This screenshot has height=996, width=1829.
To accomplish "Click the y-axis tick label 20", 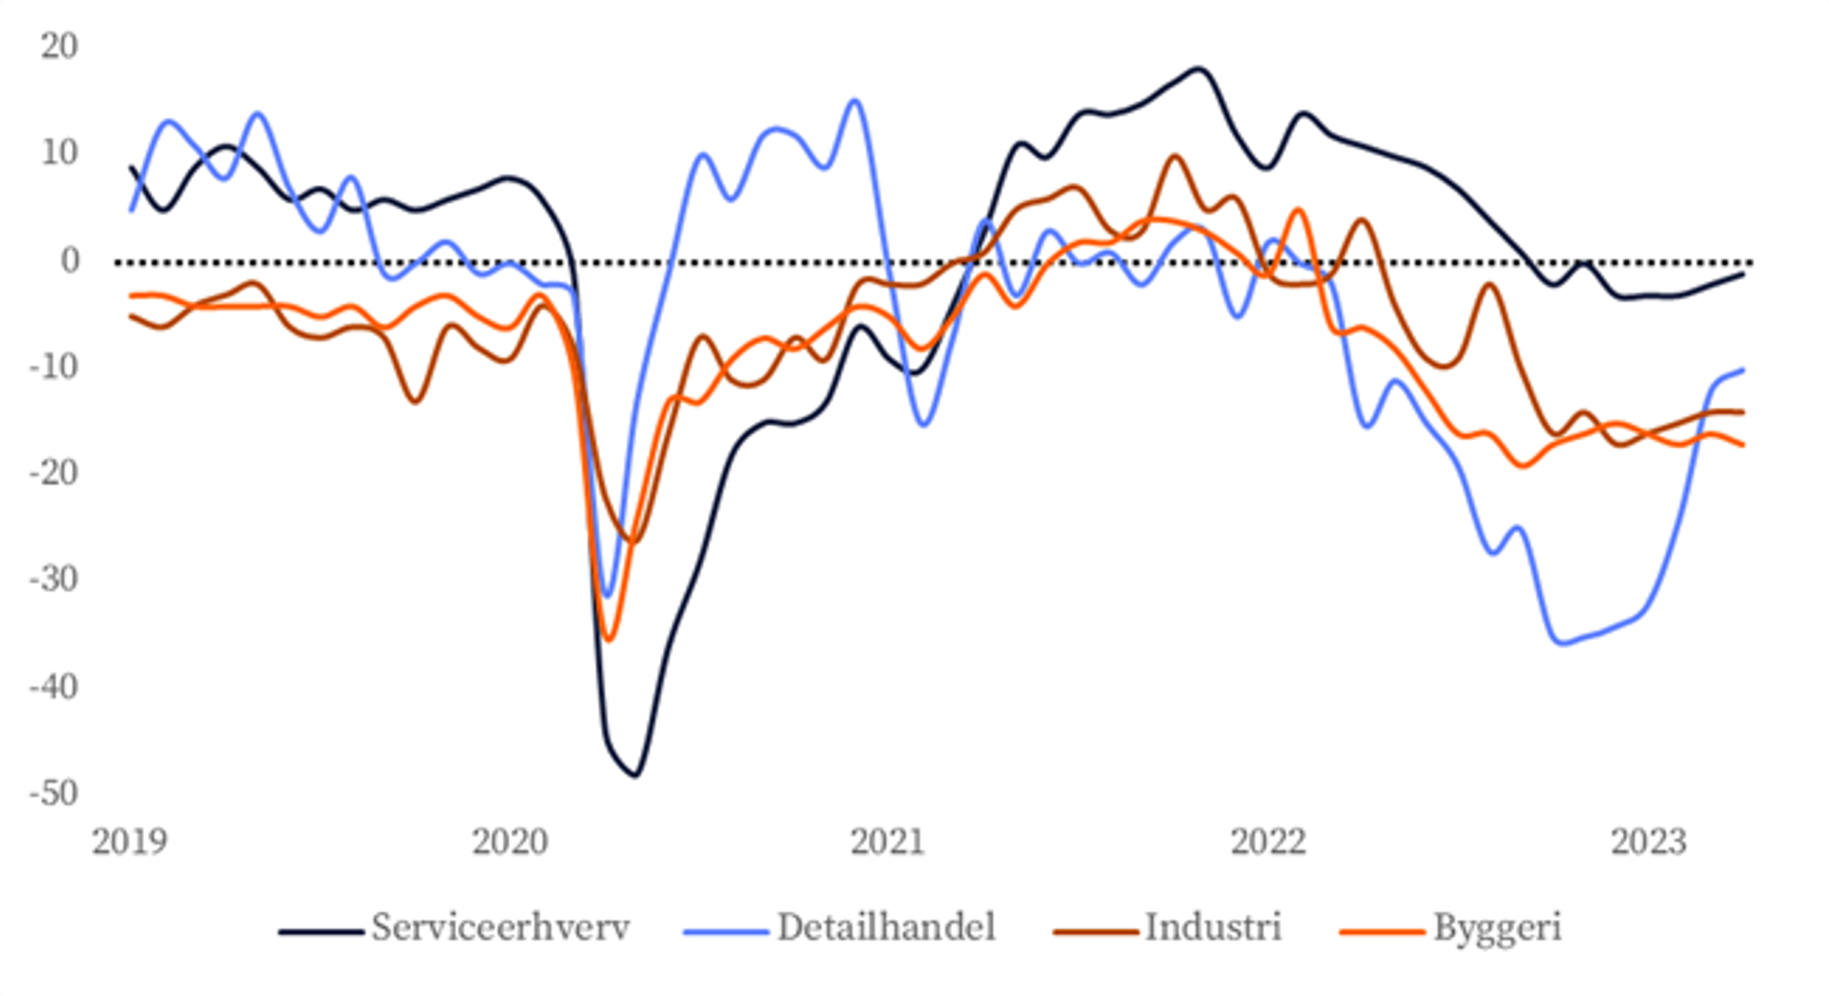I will pyautogui.click(x=59, y=46).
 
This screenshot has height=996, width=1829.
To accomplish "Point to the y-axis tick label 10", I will pyautogui.click(x=59, y=152).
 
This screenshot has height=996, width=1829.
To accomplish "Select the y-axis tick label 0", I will pyautogui.click(x=70, y=260).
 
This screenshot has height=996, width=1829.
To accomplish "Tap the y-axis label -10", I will pyautogui.click(x=53, y=366).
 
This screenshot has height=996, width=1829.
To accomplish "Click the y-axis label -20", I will pyautogui.click(x=53, y=472).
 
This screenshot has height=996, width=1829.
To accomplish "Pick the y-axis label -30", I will pyautogui.click(x=53, y=579).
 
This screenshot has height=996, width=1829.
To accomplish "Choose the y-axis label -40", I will pyautogui.click(x=53, y=686).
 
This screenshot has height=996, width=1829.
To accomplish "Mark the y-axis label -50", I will pyautogui.click(x=53, y=792).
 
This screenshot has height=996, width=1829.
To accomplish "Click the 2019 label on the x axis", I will pyautogui.click(x=130, y=842).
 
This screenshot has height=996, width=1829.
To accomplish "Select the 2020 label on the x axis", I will pyautogui.click(x=510, y=842).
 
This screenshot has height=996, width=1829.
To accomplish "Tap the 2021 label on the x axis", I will pyautogui.click(x=888, y=842).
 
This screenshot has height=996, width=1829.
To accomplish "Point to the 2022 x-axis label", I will pyautogui.click(x=1268, y=842).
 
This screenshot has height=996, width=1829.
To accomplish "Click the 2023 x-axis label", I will pyautogui.click(x=1648, y=842).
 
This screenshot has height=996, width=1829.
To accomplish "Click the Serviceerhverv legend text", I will pyautogui.click(x=500, y=927).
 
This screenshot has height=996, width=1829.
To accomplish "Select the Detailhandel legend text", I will pyautogui.click(x=886, y=927).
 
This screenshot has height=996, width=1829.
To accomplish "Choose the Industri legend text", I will pyautogui.click(x=1213, y=927).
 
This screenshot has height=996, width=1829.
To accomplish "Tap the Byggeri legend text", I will pyautogui.click(x=1497, y=927).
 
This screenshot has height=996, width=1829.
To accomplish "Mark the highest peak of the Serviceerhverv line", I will pyautogui.click(x=1197, y=69).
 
